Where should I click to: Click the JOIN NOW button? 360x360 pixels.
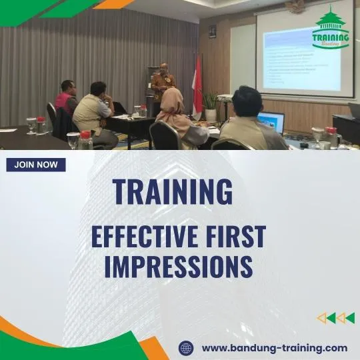tap(36, 165)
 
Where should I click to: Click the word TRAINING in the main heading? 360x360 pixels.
tap(173, 192)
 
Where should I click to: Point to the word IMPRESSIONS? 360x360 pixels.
tap(179, 266)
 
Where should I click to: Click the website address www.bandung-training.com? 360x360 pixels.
tap(274, 347)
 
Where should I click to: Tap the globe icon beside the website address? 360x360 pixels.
tap(186, 348)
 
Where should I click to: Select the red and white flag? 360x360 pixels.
tap(197, 87)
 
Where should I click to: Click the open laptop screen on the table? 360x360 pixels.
tap(272, 121)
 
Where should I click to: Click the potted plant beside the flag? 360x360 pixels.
tap(211, 103)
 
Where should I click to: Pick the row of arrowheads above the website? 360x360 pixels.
tap(335, 318)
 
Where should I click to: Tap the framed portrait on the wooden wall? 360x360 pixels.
tap(212, 31)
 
